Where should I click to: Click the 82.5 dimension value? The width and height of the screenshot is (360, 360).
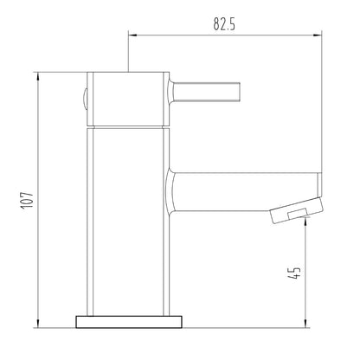(x=224, y=24)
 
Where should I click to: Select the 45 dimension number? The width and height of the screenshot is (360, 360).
(x=294, y=273)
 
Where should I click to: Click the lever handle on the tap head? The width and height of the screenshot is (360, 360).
(x=207, y=92)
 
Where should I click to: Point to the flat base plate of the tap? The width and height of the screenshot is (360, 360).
(x=129, y=322)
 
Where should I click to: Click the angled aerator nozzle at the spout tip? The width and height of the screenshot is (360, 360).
(x=297, y=210)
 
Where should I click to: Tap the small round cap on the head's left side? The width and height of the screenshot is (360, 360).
(x=84, y=99)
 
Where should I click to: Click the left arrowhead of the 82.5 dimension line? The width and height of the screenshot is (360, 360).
(x=132, y=35)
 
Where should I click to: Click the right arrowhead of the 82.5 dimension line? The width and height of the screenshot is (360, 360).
(x=318, y=35)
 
